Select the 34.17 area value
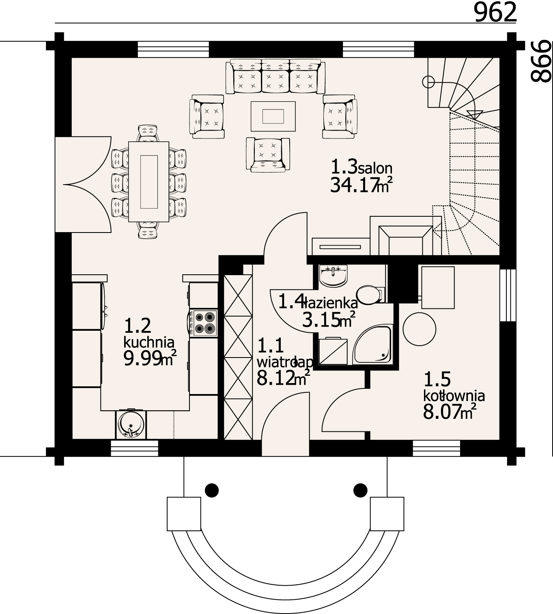coord(354,185)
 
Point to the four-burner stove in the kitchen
coord(203,323)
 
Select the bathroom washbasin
coord(333,275)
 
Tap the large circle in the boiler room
coord(419,330)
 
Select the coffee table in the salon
coord(273,116)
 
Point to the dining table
coord(149,181)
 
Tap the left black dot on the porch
coord(212,490)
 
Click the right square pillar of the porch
coord(387,514)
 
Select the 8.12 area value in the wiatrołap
coord(275,378)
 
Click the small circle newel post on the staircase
coord(428,82)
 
